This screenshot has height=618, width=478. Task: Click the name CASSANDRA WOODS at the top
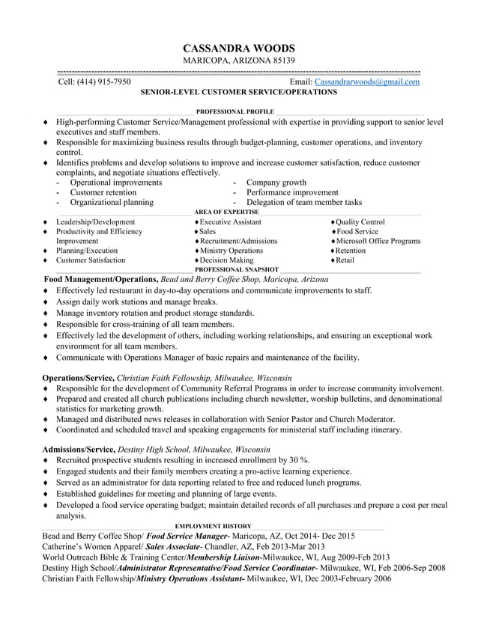point(239,46)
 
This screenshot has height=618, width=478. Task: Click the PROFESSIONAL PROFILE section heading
point(229,111)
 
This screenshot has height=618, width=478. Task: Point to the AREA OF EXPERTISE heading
point(226,212)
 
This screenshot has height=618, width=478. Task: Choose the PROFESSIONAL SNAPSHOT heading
point(236,269)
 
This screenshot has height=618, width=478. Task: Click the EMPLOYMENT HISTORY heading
point(213,526)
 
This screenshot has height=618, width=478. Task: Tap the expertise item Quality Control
point(360,222)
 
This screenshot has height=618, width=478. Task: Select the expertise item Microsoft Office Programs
point(378,241)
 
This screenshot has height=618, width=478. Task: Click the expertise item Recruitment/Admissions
point(238,241)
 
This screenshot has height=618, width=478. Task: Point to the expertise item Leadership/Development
point(95,222)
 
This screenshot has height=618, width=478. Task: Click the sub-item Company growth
point(276,183)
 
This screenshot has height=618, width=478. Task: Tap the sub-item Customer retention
point(103,192)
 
